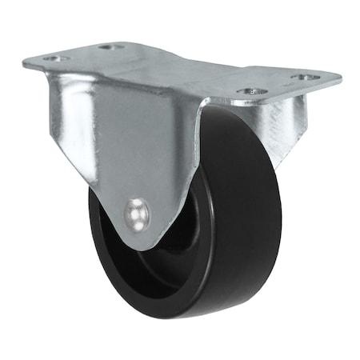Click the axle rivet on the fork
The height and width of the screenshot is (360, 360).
point(137,214)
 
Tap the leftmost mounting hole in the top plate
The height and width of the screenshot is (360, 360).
point(53,58)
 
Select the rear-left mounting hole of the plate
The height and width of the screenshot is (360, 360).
point(111,46)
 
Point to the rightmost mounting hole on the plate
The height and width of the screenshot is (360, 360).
point(306,78)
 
